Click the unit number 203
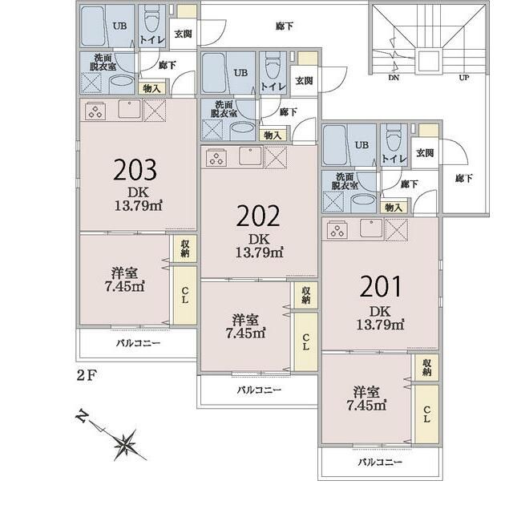135,170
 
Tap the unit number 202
258,216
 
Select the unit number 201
380,287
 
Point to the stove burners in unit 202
216,158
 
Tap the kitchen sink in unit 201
371,228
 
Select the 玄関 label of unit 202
305,80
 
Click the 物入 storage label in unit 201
394,207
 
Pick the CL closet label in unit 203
185,295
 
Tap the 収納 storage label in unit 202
306,295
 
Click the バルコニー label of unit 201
380,462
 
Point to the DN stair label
394,78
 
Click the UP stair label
464,78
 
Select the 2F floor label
87,375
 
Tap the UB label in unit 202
240,73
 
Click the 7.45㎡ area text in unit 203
124,286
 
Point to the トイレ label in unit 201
394,159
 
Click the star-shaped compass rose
125,444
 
